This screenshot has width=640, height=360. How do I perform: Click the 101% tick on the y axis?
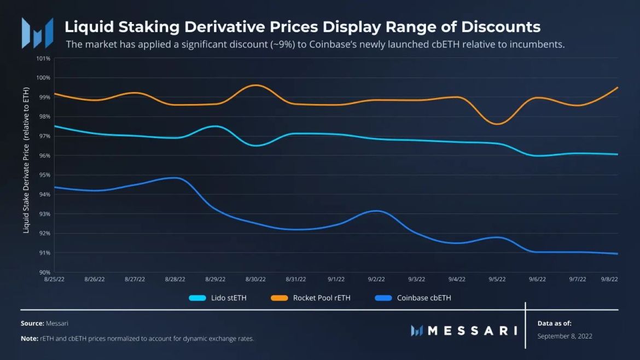click(44, 59)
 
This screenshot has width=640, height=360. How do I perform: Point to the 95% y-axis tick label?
click(44, 175)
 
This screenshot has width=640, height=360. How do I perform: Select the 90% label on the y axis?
click(44, 272)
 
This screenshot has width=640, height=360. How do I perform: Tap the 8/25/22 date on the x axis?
click(54, 279)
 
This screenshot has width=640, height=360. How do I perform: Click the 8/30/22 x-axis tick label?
click(255, 279)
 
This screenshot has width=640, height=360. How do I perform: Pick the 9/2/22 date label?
click(376, 279)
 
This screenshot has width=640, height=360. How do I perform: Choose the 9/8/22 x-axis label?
click(609, 279)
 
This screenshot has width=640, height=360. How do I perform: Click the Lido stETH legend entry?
click(217, 298)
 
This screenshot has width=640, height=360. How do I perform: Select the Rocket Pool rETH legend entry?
click(310, 298)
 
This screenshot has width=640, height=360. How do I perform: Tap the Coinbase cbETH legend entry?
click(412, 298)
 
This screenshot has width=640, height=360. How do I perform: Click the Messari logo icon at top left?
click(37, 33)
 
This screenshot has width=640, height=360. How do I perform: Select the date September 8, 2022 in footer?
click(565, 336)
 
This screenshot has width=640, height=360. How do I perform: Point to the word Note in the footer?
click(29, 339)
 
